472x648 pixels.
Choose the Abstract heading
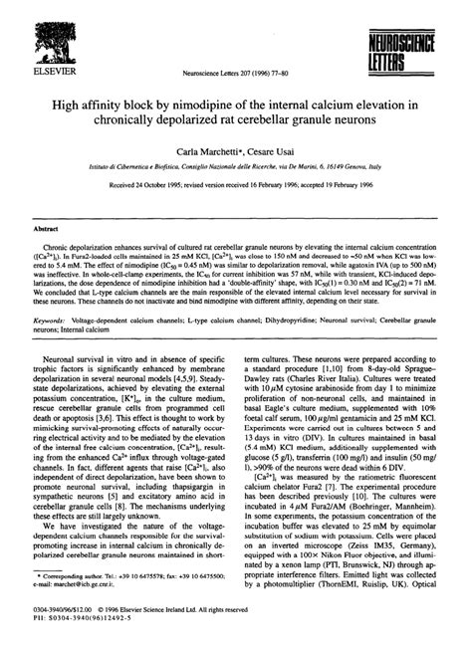point(48,228)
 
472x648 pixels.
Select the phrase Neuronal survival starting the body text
point(80,363)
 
